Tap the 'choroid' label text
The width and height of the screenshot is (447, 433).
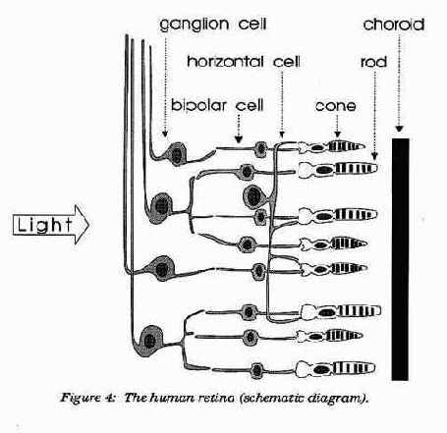click(x=394, y=25)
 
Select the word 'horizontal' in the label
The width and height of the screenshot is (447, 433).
click(x=225, y=62)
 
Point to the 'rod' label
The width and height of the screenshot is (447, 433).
click(x=373, y=62)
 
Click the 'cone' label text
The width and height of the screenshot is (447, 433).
click(x=336, y=106)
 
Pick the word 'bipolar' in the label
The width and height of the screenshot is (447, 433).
click(x=198, y=105)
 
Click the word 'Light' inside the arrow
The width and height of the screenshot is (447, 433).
click(x=44, y=225)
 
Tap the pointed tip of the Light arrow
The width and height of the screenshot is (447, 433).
click(x=89, y=225)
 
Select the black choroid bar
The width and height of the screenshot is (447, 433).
click(x=400, y=259)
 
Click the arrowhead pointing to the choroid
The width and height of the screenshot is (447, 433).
click(x=399, y=129)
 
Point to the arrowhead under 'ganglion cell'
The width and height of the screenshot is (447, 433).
click(x=165, y=134)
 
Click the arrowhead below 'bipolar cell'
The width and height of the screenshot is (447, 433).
click(x=239, y=139)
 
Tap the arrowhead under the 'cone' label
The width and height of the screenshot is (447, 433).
click(x=337, y=134)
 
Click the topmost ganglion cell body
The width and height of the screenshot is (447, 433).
click(x=177, y=153)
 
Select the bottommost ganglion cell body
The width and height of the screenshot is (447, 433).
click(x=150, y=341)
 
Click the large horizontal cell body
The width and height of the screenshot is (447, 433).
click(x=253, y=196)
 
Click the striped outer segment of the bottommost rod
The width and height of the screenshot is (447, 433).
click(x=355, y=368)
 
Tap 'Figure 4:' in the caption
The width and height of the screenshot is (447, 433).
click(x=87, y=399)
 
